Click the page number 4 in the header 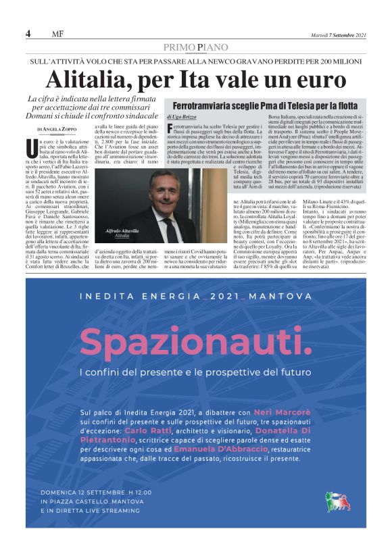click(28, 34)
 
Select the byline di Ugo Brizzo click(183, 118)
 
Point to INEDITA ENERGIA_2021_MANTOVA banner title click(196, 297)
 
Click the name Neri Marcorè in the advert click(278, 411)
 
